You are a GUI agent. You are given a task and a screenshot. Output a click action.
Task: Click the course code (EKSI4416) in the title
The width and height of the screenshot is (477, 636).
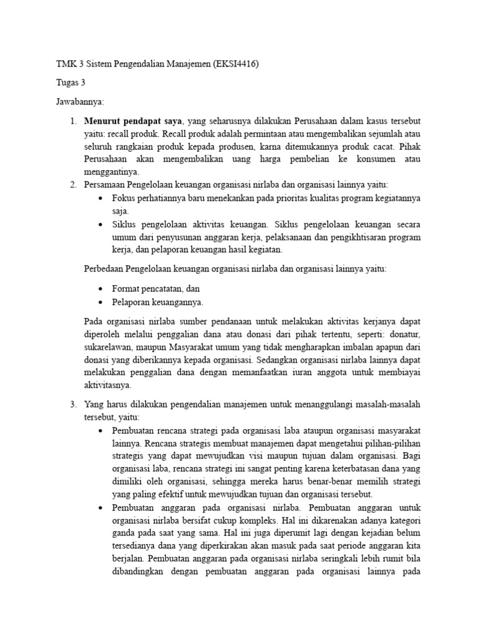click(x=235, y=63)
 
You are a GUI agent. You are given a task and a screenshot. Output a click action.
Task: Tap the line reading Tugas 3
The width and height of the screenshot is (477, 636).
click(x=70, y=82)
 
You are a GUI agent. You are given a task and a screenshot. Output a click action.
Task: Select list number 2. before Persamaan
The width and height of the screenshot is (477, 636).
click(x=73, y=185)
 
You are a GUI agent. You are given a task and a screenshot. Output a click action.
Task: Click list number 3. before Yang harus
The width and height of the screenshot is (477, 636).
click(x=73, y=404)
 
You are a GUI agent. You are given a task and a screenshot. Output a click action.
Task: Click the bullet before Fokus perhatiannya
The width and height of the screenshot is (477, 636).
click(x=101, y=199)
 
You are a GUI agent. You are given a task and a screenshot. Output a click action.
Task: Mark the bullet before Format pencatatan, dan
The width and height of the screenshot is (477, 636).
click(x=101, y=289)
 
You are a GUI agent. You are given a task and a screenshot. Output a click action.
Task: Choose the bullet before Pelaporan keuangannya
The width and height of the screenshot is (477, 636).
click(x=101, y=302)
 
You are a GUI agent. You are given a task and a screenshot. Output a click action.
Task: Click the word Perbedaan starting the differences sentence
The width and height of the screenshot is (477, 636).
click(x=103, y=269)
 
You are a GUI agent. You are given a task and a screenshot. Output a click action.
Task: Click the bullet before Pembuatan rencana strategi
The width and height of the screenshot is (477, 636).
click(x=101, y=430)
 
